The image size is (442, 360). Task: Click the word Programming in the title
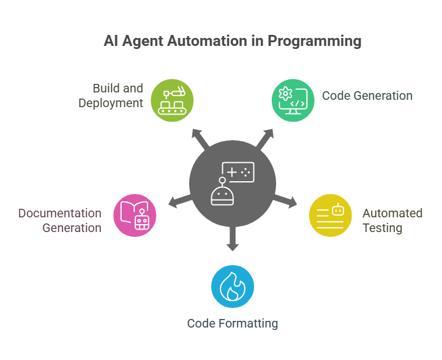(314, 42)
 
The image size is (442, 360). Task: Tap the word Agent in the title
(143, 42)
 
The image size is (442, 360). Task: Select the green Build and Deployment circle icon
(172, 100)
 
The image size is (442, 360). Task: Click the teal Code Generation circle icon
(293, 100)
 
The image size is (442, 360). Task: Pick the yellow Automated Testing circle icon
(331, 216)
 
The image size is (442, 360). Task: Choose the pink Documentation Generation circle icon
(135, 216)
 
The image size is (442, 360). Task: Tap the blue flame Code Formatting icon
(233, 287)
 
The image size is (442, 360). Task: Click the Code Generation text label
(367, 96)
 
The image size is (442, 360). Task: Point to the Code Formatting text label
(233, 324)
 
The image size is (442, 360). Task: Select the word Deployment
(111, 103)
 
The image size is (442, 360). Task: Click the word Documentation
(60, 214)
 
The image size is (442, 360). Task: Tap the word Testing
(382, 228)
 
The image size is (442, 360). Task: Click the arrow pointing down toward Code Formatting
(233, 238)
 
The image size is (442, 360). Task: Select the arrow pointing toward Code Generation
(264, 139)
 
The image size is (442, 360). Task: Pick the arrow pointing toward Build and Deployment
(200, 139)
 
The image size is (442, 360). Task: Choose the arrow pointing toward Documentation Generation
(181, 201)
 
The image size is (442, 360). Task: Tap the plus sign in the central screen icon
(231, 172)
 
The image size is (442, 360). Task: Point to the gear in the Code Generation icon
(285, 93)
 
